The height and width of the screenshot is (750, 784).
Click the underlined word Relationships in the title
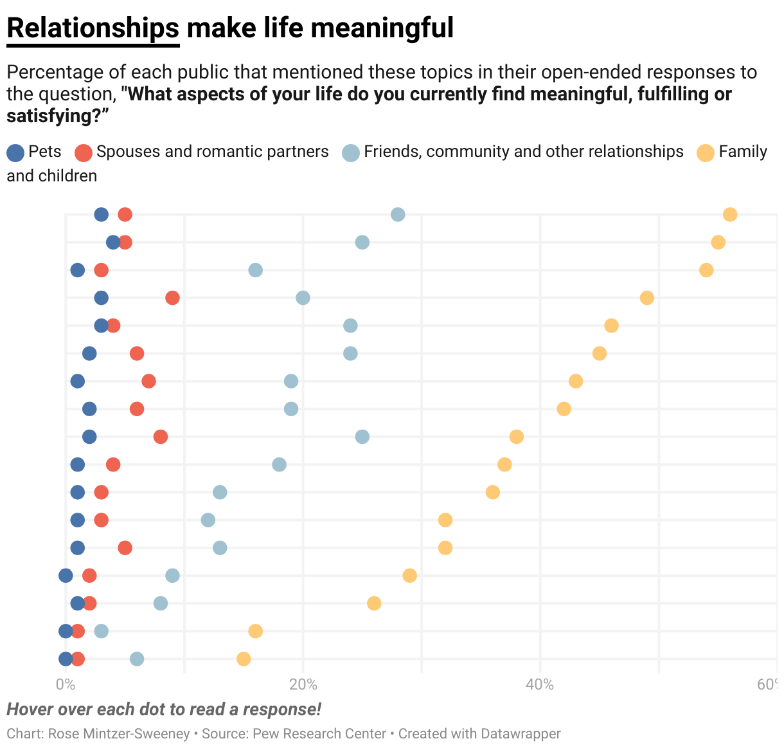tap(93, 28)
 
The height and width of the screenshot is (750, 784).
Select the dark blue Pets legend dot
tap(15, 152)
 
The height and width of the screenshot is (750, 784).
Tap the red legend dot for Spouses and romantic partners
tap(84, 152)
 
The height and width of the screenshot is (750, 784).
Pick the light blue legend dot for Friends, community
tap(351, 152)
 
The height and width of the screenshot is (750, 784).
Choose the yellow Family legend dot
tap(706, 152)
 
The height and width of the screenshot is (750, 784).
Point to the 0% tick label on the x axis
tap(66, 684)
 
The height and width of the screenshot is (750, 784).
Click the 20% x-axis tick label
tap(303, 684)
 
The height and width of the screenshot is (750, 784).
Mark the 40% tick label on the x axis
tap(540, 684)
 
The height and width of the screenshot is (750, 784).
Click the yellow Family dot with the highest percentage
tap(730, 214)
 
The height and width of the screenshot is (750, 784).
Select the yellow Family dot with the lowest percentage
tap(244, 659)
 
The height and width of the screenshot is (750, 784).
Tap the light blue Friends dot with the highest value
tap(398, 214)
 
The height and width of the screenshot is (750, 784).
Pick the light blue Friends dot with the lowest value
tap(101, 631)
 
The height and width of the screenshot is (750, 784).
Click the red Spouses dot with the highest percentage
tap(172, 298)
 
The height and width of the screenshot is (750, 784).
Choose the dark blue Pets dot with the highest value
tap(113, 242)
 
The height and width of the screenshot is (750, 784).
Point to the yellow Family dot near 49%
tap(647, 298)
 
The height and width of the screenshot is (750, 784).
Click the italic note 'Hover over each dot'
tap(164, 709)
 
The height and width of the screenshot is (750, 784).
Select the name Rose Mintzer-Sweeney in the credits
tap(119, 734)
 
